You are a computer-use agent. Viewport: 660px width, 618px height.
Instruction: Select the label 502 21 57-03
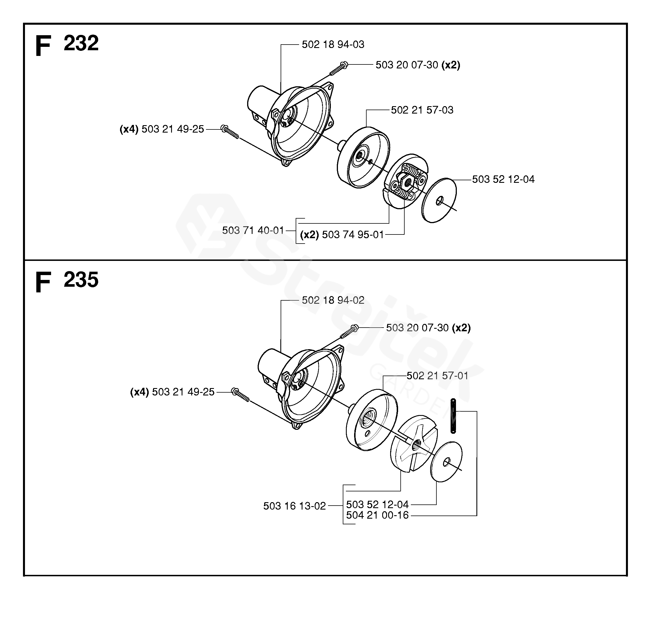422,110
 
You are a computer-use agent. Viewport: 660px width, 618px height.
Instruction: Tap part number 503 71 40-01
253,230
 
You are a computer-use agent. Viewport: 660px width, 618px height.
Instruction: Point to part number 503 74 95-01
353,234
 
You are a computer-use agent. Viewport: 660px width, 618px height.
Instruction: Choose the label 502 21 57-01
437,376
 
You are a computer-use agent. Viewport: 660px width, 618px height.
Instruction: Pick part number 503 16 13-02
295,506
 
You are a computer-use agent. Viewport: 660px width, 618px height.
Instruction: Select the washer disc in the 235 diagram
446,462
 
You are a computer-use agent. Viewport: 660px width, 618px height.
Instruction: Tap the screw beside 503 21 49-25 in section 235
241,395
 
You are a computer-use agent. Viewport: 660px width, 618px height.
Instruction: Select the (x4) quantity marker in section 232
129,129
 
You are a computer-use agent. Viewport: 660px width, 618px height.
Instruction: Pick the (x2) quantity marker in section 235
461,328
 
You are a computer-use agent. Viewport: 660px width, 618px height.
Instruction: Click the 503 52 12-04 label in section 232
503,179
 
